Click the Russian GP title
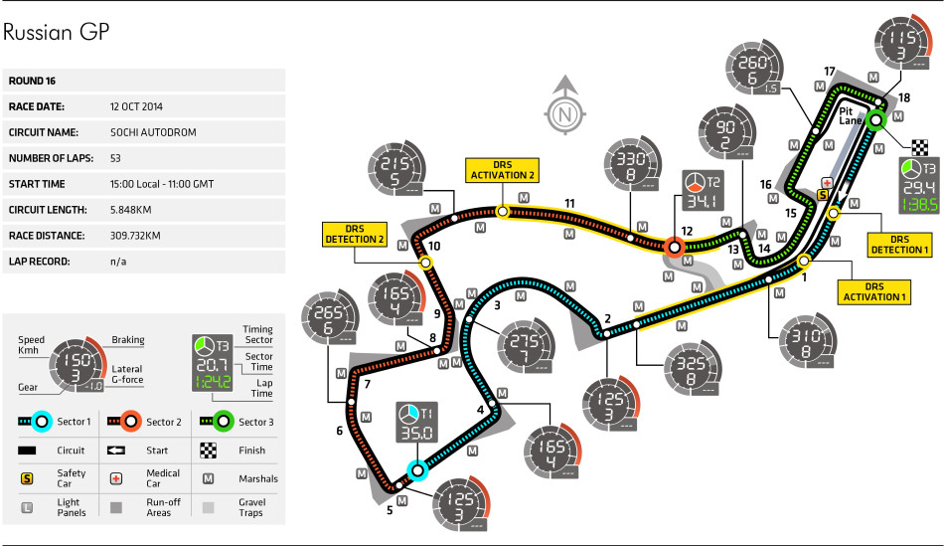click(56, 33)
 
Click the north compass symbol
click(564, 109)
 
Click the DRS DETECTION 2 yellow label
click(354, 234)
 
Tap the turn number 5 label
click(390, 510)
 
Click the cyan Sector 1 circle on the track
click(415, 470)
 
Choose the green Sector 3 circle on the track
click(875, 120)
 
